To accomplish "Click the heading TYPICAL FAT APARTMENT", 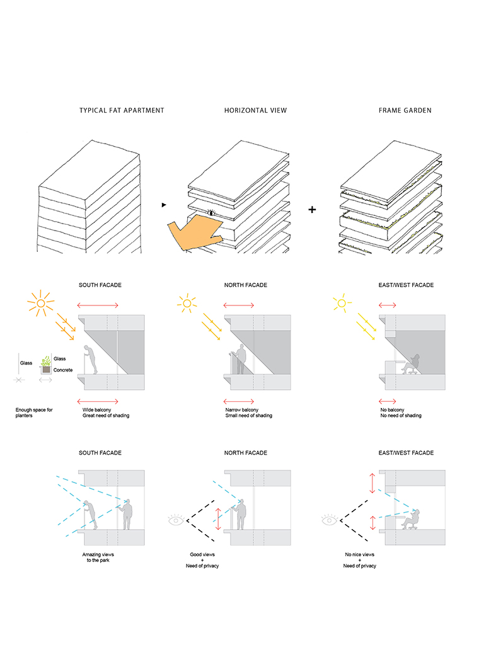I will pyautogui.click(x=122, y=110).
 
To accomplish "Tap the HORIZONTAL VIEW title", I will pyautogui.click(x=255, y=110).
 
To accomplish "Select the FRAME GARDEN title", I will pyautogui.click(x=405, y=110).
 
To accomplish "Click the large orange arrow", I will pyautogui.click(x=192, y=232).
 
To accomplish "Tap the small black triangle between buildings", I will pyautogui.click(x=164, y=205).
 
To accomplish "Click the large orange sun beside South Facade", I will pyautogui.click(x=42, y=305).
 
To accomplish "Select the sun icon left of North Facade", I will pyautogui.click(x=186, y=304).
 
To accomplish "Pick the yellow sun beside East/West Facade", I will pyautogui.click(x=342, y=304).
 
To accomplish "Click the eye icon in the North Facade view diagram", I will pyautogui.click(x=176, y=520).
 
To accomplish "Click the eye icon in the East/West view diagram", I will pyautogui.click(x=330, y=520).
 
